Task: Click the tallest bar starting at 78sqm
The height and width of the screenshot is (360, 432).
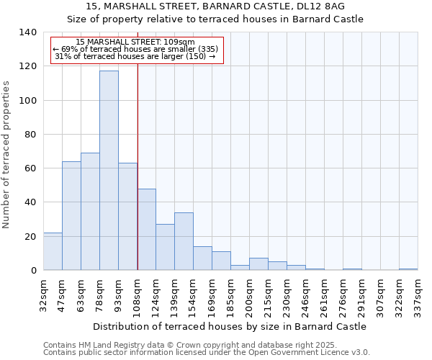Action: pyautogui.click(x=109, y=171)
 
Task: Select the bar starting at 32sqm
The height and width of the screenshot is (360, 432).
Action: pyautogui.click(x=53, y=251)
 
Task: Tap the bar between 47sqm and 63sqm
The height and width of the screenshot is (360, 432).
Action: pyautogui.click(x=71, y=216)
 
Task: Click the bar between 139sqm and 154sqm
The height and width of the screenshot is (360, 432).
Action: pyautogui.click(x=184, y=241)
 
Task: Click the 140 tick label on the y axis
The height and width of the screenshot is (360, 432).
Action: pyautogui.click(x=28, y=32)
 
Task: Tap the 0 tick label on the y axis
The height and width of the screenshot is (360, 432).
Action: pyautogui.click(x=34, y=271)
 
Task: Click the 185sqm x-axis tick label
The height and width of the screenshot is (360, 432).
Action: pyautogui.click(x=230, y=294)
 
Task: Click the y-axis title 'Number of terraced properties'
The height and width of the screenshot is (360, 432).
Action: pyautogui.click(x=6, y=155)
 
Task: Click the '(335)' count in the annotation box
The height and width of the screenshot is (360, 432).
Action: pyautogui.click(x=204, y=49)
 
